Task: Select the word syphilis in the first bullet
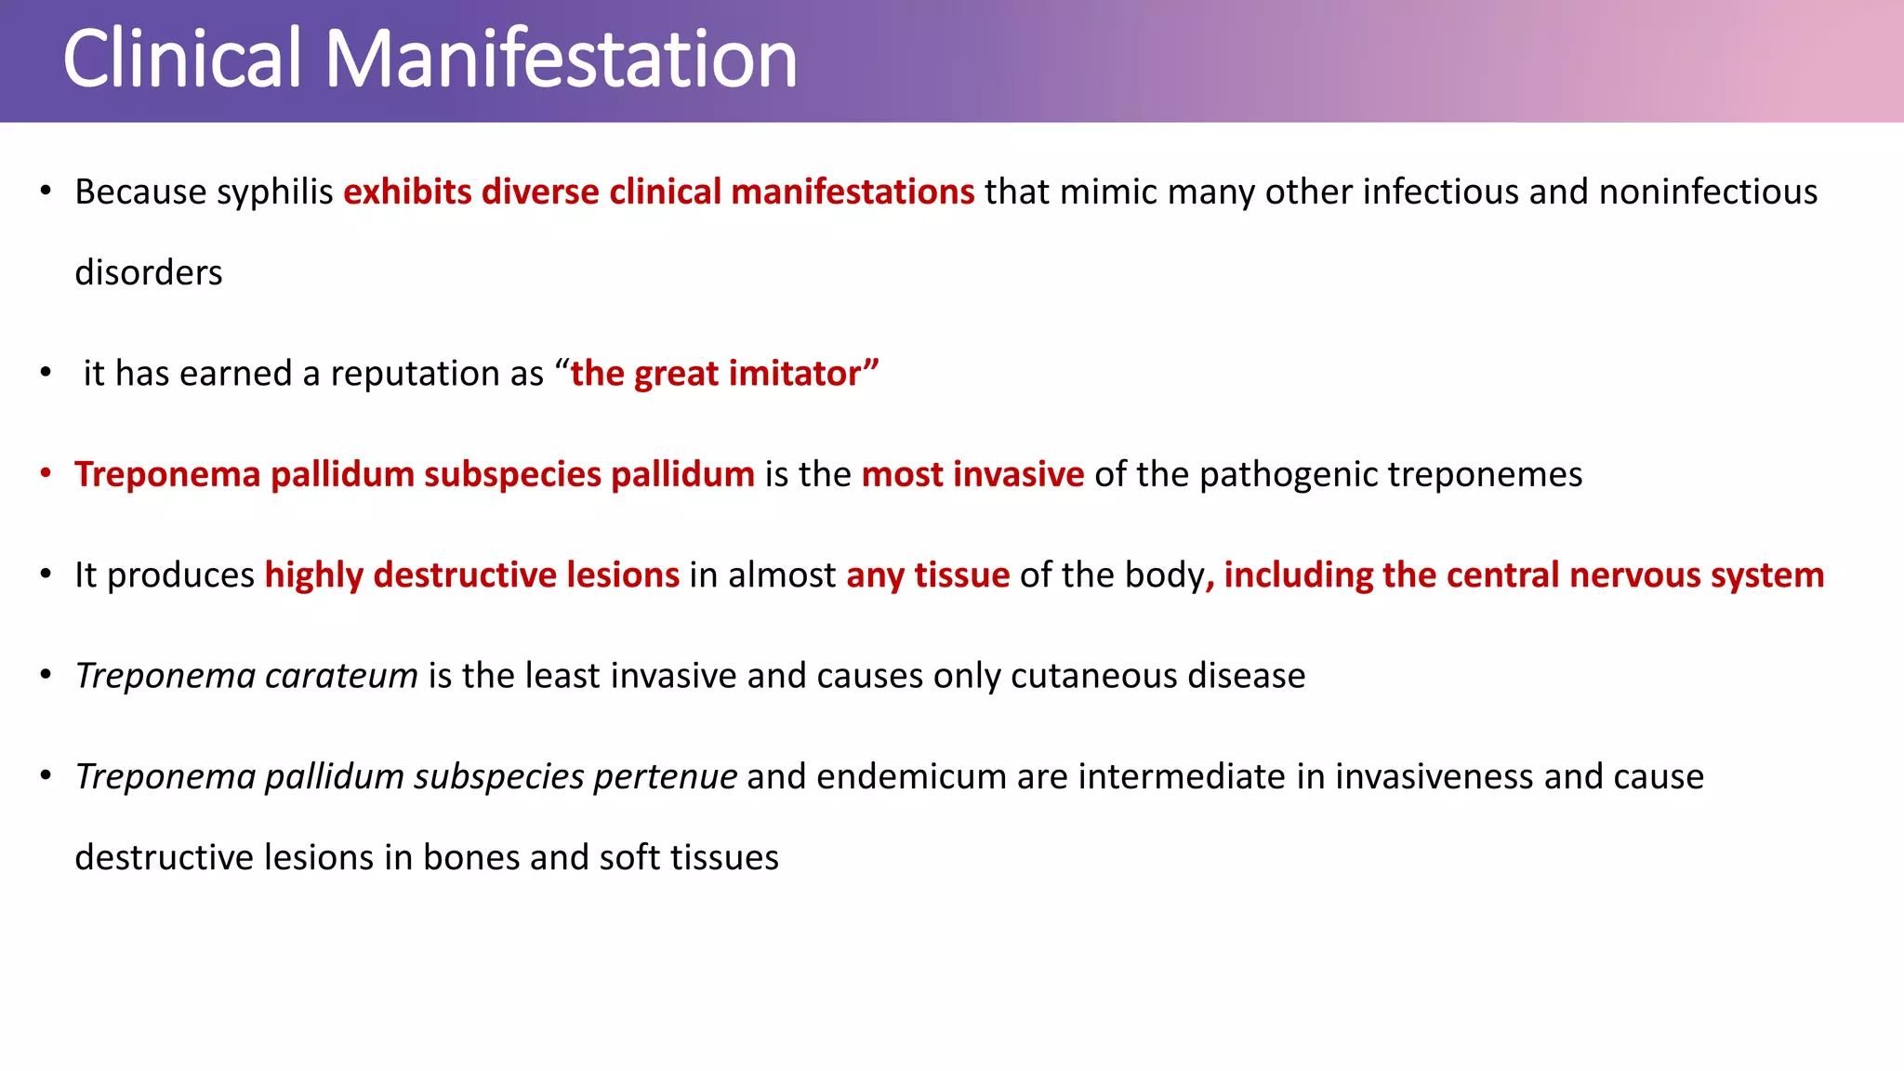tap(274, 192)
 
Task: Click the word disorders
tap(149, 273)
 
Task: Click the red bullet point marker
tap(46, 473)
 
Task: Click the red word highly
tap(314, 575)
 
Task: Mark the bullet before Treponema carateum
tap(46, 675)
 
